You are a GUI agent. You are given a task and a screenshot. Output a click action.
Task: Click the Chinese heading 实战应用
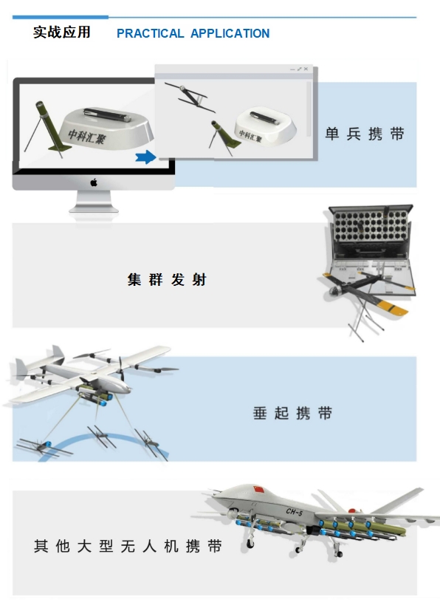click(62, 33)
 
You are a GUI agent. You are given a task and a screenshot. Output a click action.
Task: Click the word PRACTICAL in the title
click(151, 33)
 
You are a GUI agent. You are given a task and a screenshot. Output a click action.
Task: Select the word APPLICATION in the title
click(230, 33)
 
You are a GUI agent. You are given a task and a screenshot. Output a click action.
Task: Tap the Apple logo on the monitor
click(94, 182)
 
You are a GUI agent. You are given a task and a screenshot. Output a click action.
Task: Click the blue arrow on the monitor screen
click(145, 157)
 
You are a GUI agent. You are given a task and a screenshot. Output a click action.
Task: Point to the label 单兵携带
click(365, 134)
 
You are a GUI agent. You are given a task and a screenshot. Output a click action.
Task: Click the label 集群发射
click(167, 279)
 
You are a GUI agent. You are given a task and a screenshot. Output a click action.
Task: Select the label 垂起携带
click(292, 413)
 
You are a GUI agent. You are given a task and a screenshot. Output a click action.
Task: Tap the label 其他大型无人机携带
click(128, 546)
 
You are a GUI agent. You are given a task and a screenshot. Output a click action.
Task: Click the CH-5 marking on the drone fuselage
click(295, 511)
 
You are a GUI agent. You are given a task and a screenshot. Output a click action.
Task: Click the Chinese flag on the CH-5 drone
click(259, 490)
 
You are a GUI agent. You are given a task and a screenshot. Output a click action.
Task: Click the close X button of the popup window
click(306, 69)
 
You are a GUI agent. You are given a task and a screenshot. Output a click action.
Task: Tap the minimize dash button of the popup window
click(292, 69)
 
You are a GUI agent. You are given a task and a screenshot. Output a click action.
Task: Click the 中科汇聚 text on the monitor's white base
click(86, 136)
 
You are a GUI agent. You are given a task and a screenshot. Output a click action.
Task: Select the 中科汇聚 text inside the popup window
click(250, 135)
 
